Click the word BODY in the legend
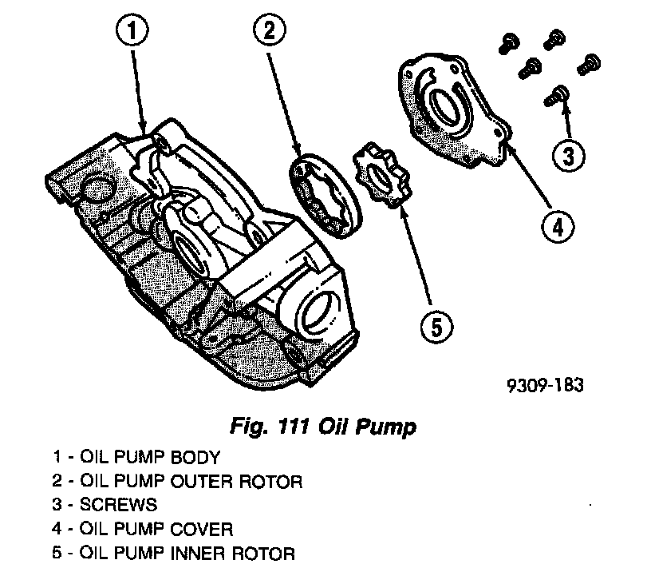[195, 459]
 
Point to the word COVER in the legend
[206, 529]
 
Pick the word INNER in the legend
[197, 553]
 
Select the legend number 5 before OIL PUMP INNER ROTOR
[57, 553]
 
